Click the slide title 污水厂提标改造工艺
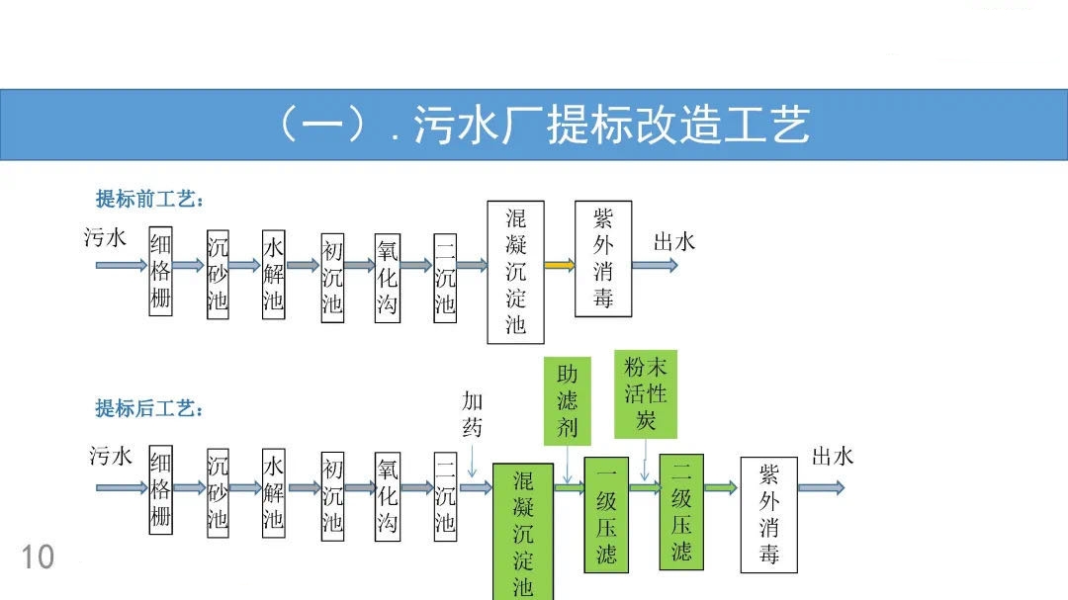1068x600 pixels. pyautogui.click(x=542, y=126)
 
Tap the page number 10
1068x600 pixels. pyautogui.click(x=38, y=557)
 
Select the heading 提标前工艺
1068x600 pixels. pyautogui.click(x=149, y=200)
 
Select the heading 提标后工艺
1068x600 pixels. pyautogui.click(x=149, y=408)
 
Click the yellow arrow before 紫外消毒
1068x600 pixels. pyautogui.click(x=559, y=265)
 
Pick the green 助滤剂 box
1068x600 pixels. pyautogui.click(x=568, y=399)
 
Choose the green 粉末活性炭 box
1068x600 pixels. pyautogui.click(x=646, y=393)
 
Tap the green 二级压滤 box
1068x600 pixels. pyautogui.click(x=681, y=511)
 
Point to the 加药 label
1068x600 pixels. pyautogui.click(x=473, y=413)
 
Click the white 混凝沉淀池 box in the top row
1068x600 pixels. pyautogui.click(x=516, y=271)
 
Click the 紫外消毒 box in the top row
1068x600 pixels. pyautogui.click(x=603, y=258)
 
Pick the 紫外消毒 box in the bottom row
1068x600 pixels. pyautogui.click(x=769, y=514)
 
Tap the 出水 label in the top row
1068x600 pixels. pyautogui.click(x=674, y=241)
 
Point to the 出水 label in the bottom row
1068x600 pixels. pyautogui.click(x=833, y=456)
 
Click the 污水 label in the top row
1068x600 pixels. pyautogui.click(x=106, y=237)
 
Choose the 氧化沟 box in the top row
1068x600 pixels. pyautogui.click(x=388, y=276)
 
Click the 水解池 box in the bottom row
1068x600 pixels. pyautogui.click(x=273, y=490)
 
